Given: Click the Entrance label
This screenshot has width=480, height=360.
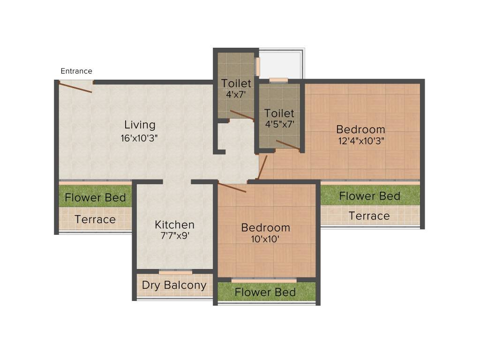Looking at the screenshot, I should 76,71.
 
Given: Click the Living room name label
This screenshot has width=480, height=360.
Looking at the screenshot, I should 140,125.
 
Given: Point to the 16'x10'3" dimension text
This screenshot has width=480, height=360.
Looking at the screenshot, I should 140,138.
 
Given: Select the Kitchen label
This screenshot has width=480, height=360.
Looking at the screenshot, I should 174,225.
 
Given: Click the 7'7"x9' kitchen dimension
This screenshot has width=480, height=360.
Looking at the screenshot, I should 174,236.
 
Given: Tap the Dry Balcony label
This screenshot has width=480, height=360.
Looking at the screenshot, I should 174,285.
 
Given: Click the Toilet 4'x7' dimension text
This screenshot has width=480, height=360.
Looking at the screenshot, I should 236,94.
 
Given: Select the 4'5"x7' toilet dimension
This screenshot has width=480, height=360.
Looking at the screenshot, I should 279,124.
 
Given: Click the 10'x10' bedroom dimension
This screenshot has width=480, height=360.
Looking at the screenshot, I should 265,239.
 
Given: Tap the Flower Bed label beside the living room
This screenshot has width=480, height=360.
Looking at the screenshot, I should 95,197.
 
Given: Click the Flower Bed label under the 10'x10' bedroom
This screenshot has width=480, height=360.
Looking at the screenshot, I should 265,292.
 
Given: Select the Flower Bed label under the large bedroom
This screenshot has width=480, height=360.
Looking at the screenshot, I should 369,195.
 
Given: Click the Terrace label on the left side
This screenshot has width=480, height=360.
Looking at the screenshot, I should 95,219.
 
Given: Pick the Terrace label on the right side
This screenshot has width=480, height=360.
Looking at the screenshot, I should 369,216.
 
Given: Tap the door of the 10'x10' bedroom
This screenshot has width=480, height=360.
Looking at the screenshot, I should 232,187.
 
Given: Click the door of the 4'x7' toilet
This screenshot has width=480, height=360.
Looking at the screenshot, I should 241,115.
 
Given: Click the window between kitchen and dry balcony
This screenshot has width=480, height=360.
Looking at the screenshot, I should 175,272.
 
